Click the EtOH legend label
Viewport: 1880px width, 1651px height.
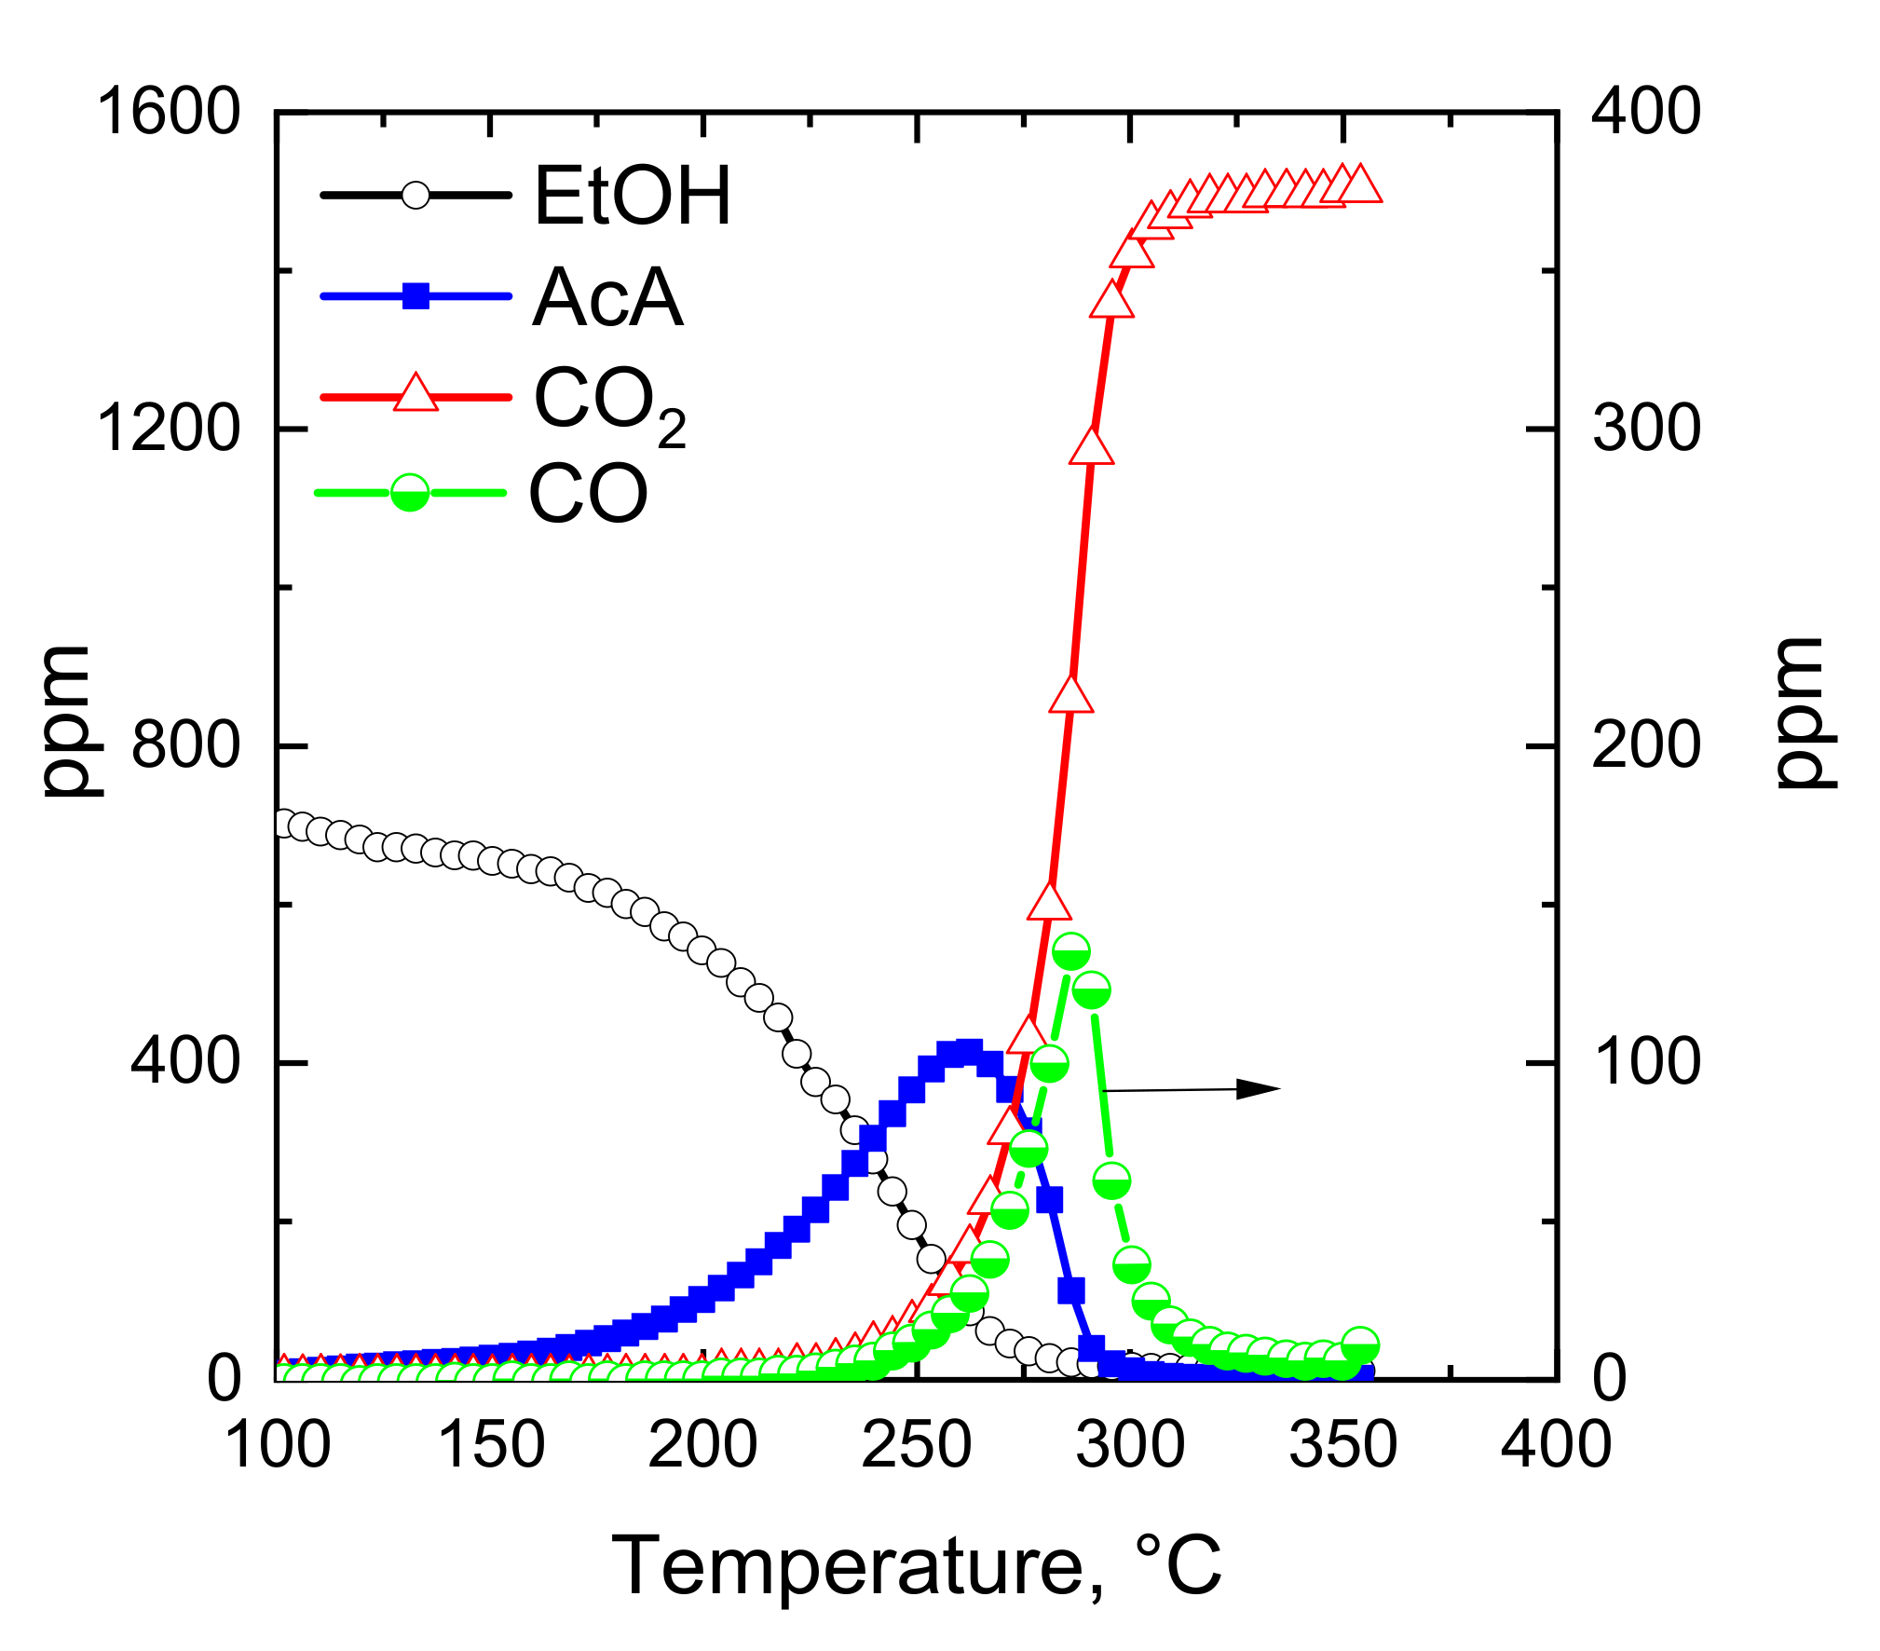tap(633, 196)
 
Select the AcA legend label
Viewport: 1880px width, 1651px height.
tap(607, 297)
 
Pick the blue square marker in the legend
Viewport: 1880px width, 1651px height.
tap(416, 297)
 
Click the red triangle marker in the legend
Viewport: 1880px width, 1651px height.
tap(416, 394)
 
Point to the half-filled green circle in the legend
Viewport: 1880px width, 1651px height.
tap(410, 492)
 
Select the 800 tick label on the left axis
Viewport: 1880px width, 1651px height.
tap(185, 745)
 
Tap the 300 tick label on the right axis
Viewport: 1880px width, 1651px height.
tap(1646, 429)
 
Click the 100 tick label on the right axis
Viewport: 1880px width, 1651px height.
tap(1646, 1062)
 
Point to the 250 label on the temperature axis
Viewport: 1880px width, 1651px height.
tap(917, 1445)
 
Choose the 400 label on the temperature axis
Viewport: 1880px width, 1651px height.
tap(1556, 1445)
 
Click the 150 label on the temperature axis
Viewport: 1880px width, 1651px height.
tap(491, 1445)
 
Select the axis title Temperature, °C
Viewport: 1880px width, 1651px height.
tap(917, 1565)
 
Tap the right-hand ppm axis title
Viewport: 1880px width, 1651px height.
tap(1804, 714)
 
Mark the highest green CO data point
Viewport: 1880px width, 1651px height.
tap(1071, 952)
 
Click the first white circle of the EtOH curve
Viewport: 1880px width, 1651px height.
tap(282, 824)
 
